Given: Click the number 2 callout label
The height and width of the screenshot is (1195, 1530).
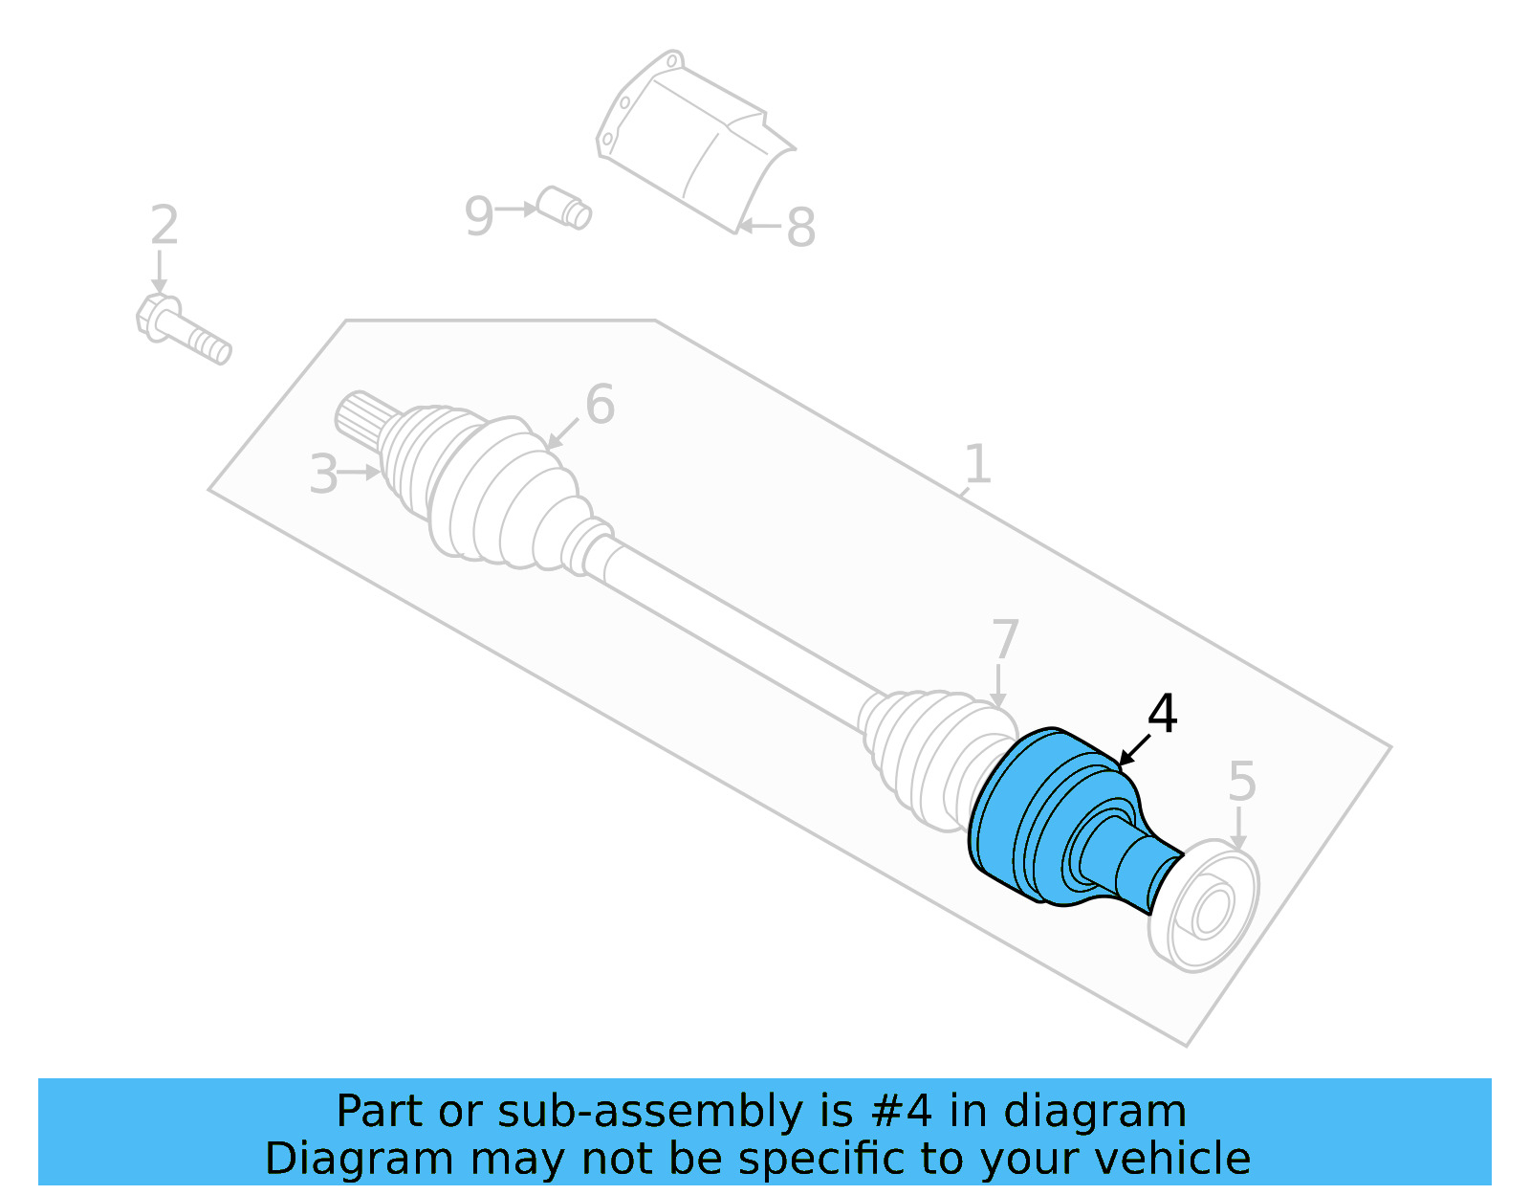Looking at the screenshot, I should click(x=164, y=226).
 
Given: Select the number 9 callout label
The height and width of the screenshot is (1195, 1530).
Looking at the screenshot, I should click(x=478, y=216).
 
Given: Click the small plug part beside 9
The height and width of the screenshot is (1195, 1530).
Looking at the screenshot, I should click(x=564, y=208).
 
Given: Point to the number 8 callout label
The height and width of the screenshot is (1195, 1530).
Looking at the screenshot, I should click(x=800, y=228).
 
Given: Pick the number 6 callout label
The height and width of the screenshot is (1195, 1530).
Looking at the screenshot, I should click(x=600, y=405).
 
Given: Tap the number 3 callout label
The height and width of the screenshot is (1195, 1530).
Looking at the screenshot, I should click(x=323, y=475).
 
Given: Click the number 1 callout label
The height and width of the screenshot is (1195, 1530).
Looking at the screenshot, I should click(x=976, y=464).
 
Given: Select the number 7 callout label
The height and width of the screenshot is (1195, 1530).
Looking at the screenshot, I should click(x=1005, y=639).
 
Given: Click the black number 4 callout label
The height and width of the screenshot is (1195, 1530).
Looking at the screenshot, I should click(x=1162, y=714).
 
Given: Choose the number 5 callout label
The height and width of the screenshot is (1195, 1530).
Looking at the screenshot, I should click(x=1241, y=782).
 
